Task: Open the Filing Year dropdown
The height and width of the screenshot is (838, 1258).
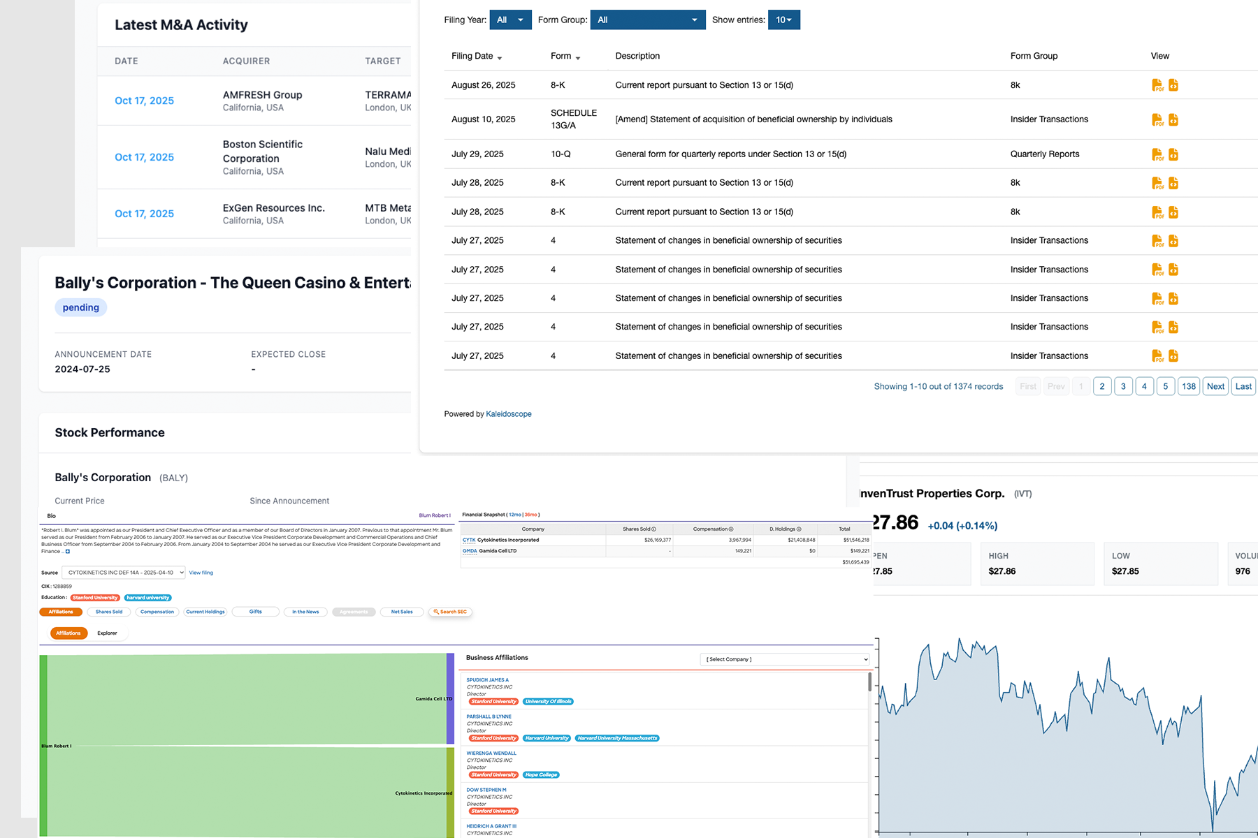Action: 510,20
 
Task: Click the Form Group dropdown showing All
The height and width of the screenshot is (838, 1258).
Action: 647,20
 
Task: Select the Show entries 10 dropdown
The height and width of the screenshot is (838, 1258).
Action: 783,20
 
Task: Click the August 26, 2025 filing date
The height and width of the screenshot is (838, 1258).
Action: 483,85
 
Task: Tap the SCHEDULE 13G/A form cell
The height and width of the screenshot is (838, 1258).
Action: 573,119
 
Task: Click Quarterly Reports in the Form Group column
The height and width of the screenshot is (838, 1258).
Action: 1044,154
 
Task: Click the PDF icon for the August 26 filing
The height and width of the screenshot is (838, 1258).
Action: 1157,85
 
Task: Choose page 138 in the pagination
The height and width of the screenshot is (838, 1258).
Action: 1189,386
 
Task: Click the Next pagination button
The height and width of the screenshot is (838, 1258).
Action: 1215,386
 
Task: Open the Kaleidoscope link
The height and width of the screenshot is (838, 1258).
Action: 508,414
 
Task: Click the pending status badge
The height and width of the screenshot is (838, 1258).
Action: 81,307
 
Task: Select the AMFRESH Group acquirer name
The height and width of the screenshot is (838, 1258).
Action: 262,95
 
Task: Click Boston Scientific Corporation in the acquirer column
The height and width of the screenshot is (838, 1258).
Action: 262,151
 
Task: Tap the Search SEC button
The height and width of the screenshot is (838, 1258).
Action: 450,612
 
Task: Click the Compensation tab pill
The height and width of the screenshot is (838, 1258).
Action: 157,612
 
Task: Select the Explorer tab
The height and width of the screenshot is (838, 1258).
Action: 107,633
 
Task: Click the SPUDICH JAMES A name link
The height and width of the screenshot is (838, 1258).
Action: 487,679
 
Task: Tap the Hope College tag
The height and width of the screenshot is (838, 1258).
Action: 541,774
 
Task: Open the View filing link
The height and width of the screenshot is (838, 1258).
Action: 201,573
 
